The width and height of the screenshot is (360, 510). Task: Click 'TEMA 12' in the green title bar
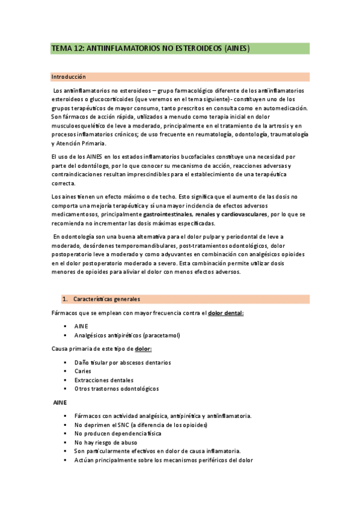click(x=67, y=49)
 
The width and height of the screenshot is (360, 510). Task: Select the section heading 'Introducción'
click(x=68, y=77)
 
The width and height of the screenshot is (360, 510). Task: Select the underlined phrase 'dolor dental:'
click(x=226, y=313)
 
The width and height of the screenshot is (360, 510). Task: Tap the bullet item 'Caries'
click(x=83, y=371)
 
